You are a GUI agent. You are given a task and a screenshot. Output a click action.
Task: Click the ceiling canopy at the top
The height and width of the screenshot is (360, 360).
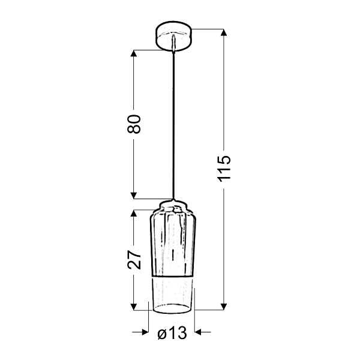point(173,36)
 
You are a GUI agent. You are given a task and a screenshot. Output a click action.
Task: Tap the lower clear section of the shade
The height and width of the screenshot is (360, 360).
point(173,294)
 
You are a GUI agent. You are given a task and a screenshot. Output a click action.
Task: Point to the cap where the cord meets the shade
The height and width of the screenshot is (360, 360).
point(173,202)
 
